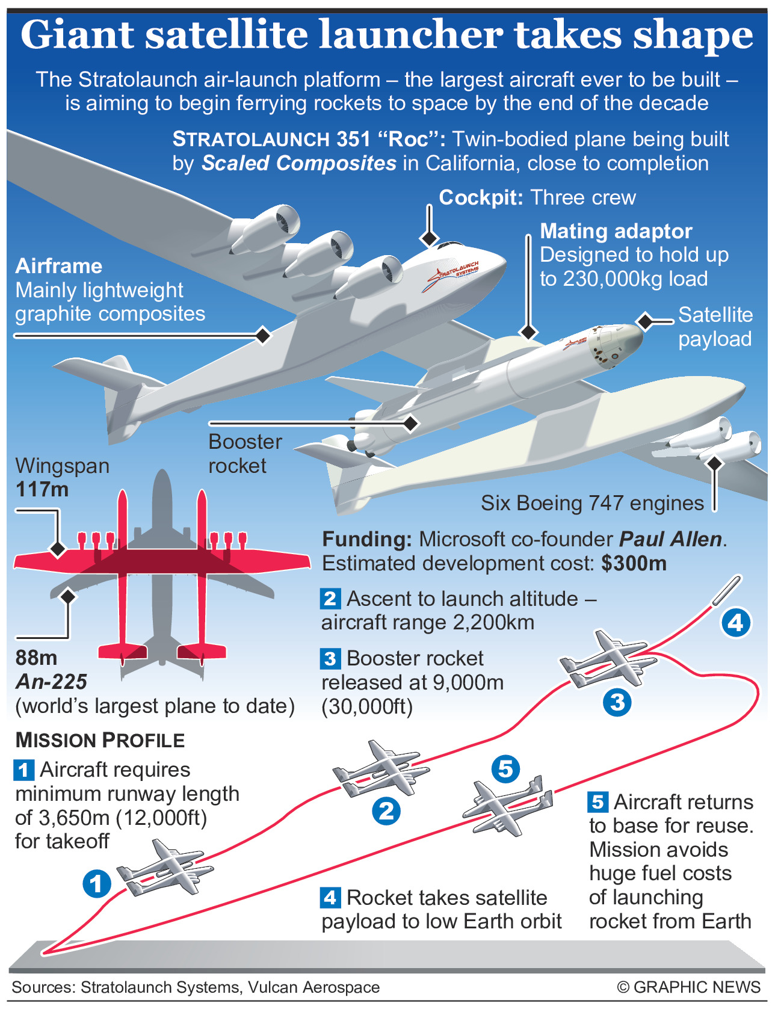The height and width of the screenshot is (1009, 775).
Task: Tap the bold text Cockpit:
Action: coord(481,197)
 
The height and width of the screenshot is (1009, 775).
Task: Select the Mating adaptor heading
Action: coord(616,231)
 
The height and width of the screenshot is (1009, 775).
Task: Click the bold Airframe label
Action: coord(59,266)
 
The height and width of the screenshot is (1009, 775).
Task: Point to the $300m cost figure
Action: coord(634,563)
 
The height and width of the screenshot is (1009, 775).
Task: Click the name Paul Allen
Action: coord(670,539)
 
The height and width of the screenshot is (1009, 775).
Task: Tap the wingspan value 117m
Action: coord(42,489)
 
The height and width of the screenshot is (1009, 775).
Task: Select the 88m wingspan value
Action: coord(36,658)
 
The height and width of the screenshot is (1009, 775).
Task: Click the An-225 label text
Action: coord(52,682)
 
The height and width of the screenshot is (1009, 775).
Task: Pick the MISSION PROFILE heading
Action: coord(100,740)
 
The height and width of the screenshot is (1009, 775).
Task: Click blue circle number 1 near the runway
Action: coord(96,884)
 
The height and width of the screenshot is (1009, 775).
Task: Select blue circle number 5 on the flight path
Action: coord(505,769)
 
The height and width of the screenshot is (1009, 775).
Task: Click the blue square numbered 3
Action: coord(330,659)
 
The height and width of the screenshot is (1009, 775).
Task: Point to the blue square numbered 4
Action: coord(330,898)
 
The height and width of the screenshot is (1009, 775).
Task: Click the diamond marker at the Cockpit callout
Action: coord(429,238)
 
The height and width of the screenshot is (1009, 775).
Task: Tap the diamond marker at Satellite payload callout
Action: coord(645,321)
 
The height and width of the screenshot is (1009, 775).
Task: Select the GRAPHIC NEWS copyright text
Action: coord(688,987)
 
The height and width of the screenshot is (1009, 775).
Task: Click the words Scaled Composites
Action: coord(299,163)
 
